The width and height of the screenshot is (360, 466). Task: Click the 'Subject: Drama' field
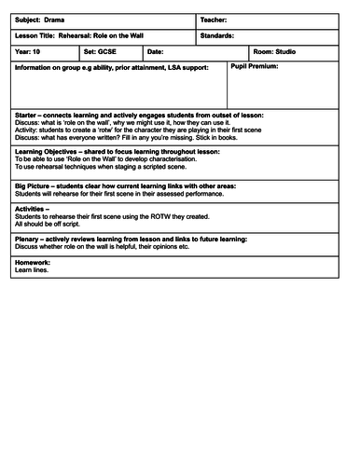point(38,20)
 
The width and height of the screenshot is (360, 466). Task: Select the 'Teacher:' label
point(216,20)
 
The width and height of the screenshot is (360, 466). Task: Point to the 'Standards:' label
point(221,35)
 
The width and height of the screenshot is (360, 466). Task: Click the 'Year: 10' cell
point(31,52)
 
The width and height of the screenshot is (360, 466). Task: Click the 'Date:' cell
point(156,52)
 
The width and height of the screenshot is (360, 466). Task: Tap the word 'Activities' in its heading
point(33,210)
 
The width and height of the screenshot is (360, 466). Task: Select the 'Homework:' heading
point(33,262)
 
